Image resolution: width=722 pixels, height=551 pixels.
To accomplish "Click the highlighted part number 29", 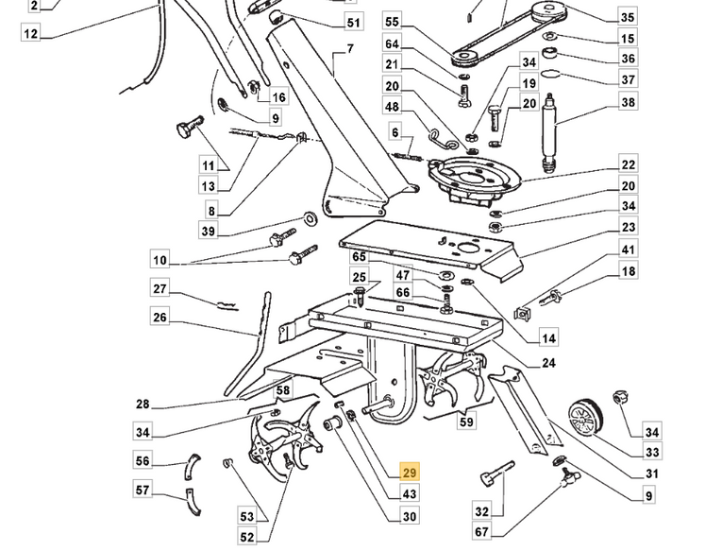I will point(409,474).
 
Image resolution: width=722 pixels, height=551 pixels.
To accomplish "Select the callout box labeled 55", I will point(393,22).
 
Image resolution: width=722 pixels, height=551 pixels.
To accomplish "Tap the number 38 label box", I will point(628,103).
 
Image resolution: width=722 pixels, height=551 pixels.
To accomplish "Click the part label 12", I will point(31,34).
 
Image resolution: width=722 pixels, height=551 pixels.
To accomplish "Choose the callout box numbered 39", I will point(208,231).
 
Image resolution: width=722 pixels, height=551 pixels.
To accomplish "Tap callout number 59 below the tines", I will point(466,422).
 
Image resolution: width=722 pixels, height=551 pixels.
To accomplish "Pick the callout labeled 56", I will point(143,461).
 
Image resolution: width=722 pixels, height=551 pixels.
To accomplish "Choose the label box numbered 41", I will point(628,250).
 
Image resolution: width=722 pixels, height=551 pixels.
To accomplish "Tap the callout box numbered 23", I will point(628,228).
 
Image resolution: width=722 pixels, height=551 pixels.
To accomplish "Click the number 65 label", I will point(359,257).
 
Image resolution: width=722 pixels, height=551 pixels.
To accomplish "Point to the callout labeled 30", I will point(409,516).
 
